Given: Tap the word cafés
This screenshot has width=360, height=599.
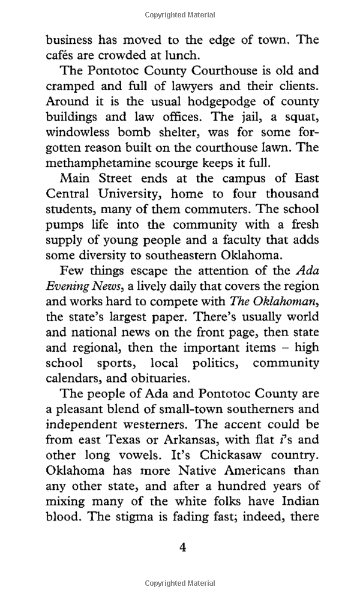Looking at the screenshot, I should pos(62,55).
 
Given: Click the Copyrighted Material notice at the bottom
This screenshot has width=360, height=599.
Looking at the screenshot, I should pos(179,583).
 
